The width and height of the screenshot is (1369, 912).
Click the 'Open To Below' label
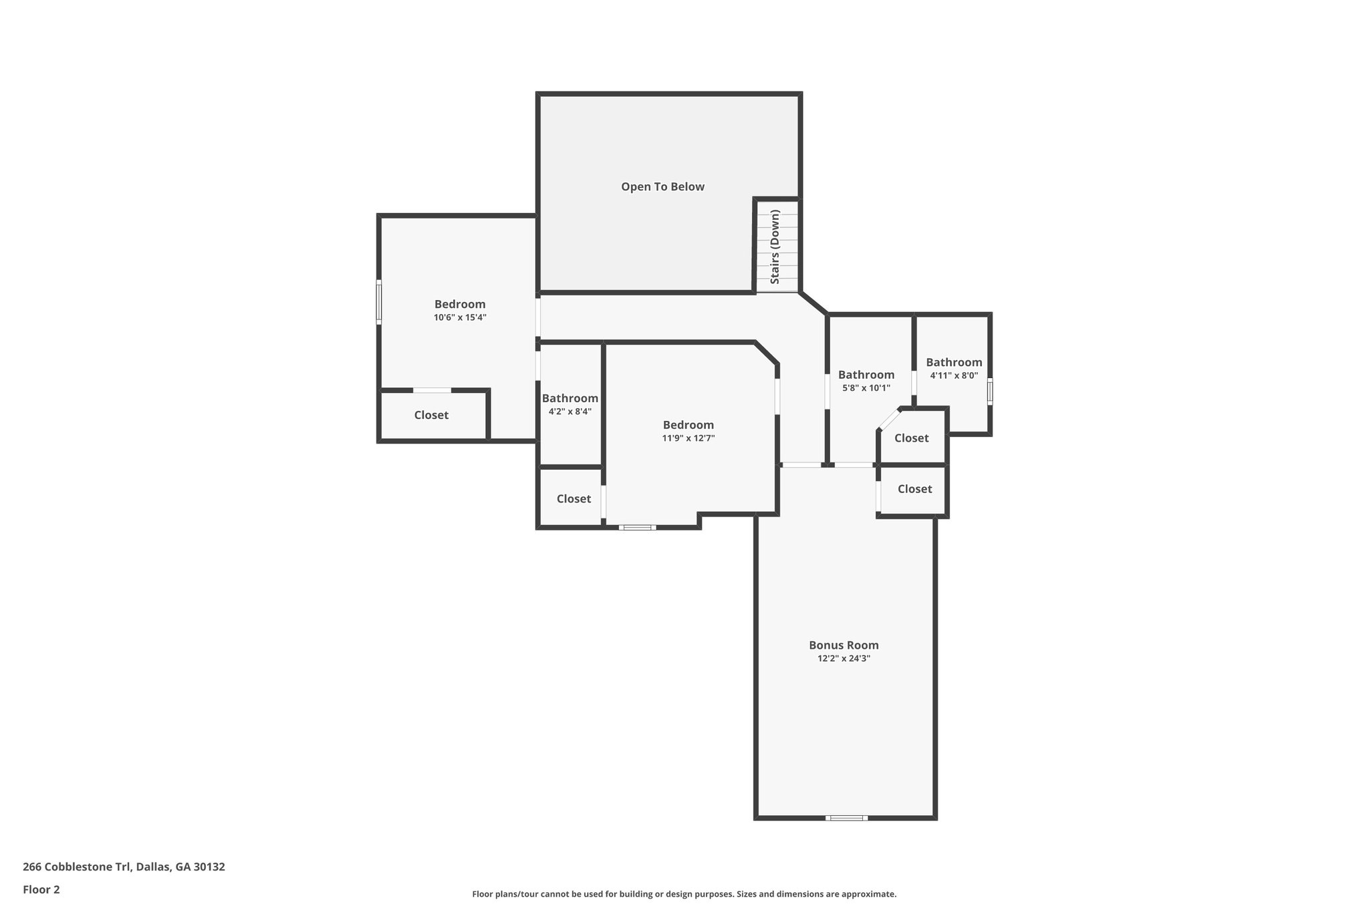click(x=662, y=187)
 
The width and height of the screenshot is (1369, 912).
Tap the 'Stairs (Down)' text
click(x=775, y=247)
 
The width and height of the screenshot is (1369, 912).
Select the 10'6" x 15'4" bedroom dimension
click(x=460, y=318)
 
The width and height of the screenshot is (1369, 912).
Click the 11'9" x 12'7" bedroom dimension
click(x=688, y=438)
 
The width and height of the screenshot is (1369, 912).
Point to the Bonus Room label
click(x=844, y=645)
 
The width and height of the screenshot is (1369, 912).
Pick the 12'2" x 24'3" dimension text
click(x=844, y=659)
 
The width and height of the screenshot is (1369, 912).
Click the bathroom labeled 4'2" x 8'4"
click(x=570, y=405)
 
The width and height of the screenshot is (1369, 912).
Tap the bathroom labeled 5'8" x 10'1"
click(x=866, y=381)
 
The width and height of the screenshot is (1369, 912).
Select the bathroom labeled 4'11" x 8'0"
click(x=954, y=369)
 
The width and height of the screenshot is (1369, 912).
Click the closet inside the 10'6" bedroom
click(x=431, y=416)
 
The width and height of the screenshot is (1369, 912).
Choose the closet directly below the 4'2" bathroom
click(x=574, y=499)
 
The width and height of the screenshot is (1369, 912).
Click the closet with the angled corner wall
click(x=911, y=438)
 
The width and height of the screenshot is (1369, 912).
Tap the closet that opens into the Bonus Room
click(x=914, y=489)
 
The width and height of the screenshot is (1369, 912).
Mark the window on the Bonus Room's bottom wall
click(x=846, y=818)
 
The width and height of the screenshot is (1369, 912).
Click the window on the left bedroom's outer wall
click(x=379, y=302)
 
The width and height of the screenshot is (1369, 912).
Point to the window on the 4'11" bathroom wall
click(x=990, y=392)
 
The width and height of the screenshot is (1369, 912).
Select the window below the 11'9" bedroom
click(x=637, y=528)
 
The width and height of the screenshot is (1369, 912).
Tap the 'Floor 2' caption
click(x=41, y=890)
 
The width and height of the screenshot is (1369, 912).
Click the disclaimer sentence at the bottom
click(x=684, y=894)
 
